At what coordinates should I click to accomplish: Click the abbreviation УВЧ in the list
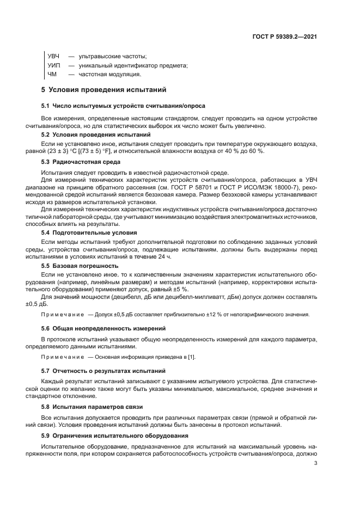click(54, 56)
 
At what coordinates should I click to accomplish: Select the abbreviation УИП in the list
click(54, 65)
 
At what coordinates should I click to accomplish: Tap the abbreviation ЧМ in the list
click(52, 74)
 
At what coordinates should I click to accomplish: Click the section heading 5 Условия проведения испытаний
click(104, 89)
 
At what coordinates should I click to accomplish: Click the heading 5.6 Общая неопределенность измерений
click(100, 329)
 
